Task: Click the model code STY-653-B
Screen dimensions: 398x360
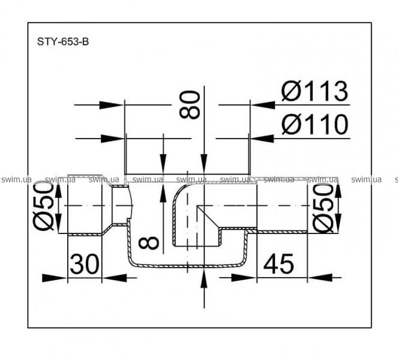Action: [x=63, y=41]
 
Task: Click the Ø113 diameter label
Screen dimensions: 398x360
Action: [x=315, y=91]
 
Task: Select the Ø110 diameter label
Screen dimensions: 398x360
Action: [x=315, y=124]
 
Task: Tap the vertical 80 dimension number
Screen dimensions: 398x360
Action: [x=189, y=105]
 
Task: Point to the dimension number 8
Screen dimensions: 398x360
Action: [x=149, y=242]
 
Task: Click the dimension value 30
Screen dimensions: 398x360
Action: [x=84, y=264]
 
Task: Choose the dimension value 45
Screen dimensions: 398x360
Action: [x=279, y=264]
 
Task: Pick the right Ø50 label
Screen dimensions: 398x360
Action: [x=323, y=208]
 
